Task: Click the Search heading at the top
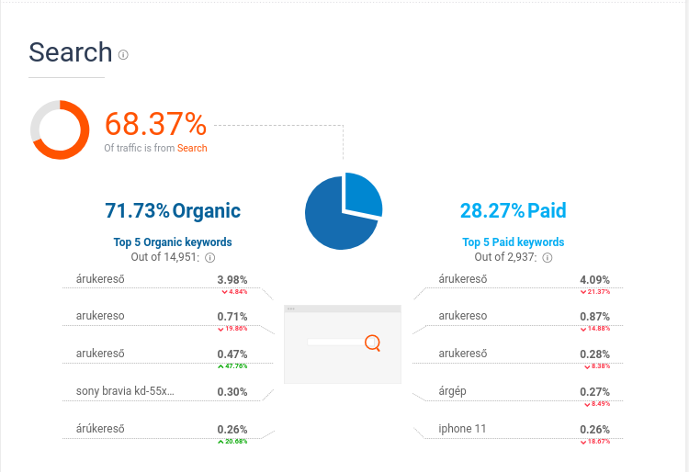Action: (x=70, y=52)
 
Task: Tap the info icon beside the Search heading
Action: (x=123, y=54)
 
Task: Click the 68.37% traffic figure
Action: (x=155, y=123)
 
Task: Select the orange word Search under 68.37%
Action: (x=192, y=148)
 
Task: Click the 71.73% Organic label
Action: (x=173, y=211)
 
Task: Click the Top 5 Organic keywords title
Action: (x=173, y=242)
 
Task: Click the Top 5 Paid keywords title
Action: (x=514, y=242)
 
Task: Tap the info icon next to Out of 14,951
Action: (x=210, y=258)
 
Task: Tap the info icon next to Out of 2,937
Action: (x=548, y=258)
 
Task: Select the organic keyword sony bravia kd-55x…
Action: (x=125, y=391)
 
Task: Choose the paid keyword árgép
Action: (x=453, y=391)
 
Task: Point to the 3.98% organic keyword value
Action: (x=232, y=279)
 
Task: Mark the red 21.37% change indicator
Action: (x=594, y=291)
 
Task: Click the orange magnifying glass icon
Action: (x=372, y=343)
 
